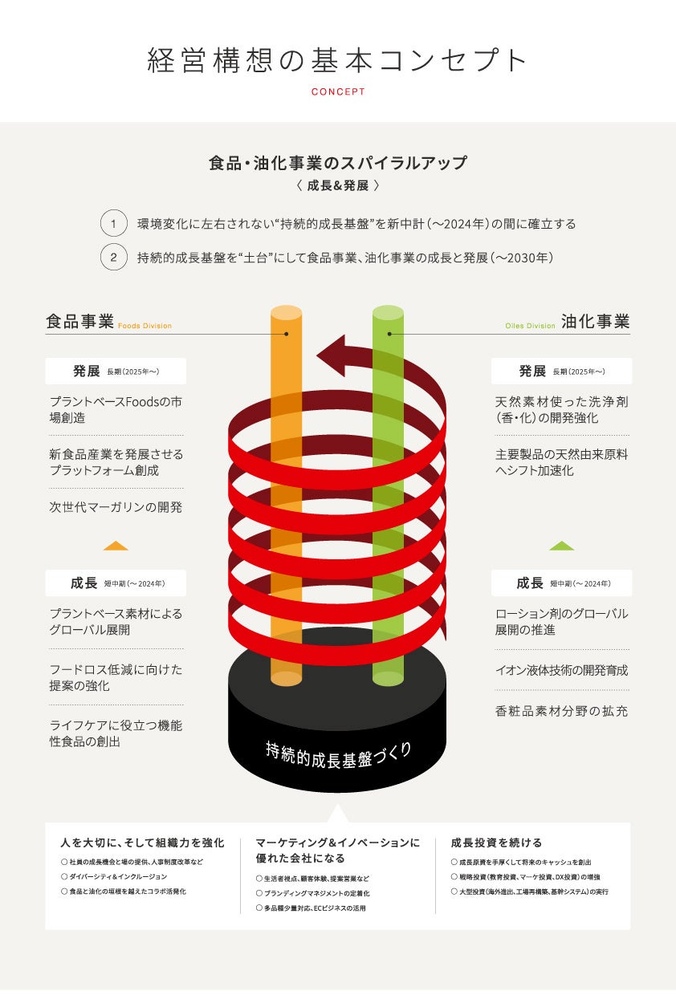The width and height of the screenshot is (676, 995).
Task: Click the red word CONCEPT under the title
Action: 338,91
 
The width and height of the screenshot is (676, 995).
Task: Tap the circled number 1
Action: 114,224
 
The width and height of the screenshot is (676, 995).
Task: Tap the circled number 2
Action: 114,258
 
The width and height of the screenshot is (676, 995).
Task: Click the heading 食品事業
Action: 80,322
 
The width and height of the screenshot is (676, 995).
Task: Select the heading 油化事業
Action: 595,322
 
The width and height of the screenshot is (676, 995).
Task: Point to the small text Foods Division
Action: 145,327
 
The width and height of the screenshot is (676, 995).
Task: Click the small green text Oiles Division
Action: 530,327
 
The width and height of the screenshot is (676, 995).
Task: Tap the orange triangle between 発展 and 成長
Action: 116,546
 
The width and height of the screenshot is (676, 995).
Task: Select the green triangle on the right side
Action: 561,546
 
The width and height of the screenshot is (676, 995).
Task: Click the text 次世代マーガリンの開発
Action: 116,507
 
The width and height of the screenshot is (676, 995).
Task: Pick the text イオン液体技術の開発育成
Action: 561,670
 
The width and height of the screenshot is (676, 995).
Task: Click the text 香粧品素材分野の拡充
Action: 561,711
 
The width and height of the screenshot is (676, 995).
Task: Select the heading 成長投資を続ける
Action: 496,843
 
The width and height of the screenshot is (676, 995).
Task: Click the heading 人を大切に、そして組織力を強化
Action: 142,843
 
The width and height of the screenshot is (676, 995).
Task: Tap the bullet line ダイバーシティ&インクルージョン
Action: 118,877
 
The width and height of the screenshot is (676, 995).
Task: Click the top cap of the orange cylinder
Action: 287,313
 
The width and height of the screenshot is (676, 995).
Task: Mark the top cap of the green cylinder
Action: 389,313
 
